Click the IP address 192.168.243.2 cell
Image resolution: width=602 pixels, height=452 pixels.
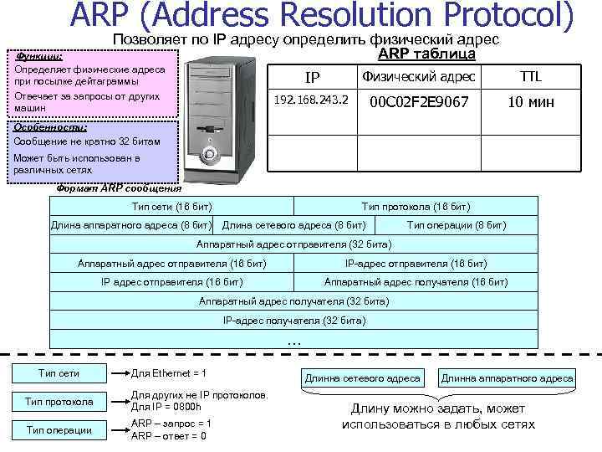(x=312, y=100)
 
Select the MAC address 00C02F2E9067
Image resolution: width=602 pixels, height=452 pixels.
(x=418, y=101)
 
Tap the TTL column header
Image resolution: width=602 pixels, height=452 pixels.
(x=531, y=77)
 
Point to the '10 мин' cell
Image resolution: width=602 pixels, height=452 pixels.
(x=531, y=101)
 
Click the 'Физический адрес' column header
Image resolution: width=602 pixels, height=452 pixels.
(x=418, y=77)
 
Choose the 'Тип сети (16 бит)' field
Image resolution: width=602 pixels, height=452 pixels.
(x=172, y=206)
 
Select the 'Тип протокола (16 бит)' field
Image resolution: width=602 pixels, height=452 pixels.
(x=416, y=206)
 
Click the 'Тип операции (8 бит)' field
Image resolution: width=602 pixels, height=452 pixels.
(x=456, y=224)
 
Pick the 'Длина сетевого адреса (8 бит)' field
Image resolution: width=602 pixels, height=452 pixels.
(x=293, y=224)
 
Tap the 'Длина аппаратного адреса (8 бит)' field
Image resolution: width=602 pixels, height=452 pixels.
(x=131, y=224)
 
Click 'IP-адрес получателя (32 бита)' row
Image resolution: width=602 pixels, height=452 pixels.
(x=293, y=320)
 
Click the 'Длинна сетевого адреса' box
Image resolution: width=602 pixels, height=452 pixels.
(x=363, y=378)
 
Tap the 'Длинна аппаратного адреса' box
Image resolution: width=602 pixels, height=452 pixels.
(x=507, y=378)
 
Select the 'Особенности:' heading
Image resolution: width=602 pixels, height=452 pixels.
(x=38, y=128)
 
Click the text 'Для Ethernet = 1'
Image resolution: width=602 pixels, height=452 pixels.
(x=169, y=373)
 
